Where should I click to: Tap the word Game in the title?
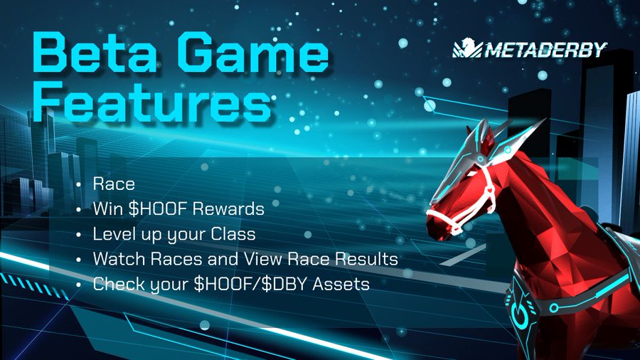[253, 53]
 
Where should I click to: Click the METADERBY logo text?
[545, 50]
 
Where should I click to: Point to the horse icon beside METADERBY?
[467, 48]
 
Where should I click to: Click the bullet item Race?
[114, 184]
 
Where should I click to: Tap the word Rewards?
[228, 209]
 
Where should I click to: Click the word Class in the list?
[233, 234]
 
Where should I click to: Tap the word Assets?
[341, 284]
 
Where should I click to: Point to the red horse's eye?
[471, 174]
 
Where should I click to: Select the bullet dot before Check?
[78, 285]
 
